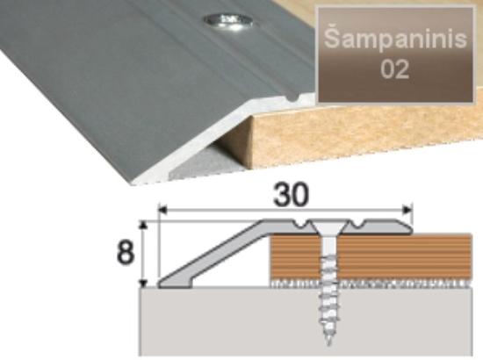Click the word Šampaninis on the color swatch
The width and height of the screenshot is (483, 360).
pyautogui.click(x=395, y=40)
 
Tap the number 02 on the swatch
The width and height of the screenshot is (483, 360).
pyautogui.click(x=394, y=69)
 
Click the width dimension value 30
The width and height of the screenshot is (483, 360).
pyautogui.click(x=291, y=195)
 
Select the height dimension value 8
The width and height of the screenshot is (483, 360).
pyautogui.click(x=126, y=252)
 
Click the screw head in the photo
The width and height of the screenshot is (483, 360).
pyautogui.click(x=228, y=22)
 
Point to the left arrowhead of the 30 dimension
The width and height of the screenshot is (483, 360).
pyautogui.click(x=162, y=211)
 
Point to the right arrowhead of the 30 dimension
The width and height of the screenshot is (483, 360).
pyautogui.click(x=407, y=211)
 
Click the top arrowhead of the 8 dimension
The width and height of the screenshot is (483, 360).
pyautogui.click(x=143, y=226)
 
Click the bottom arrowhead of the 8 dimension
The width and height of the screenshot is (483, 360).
pyautogui.click(x=143, y=283)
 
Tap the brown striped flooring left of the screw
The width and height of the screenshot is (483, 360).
pyautogui.click(x=295, y=258)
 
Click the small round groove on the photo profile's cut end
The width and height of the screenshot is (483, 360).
pyautogui.click(x=292, y=98)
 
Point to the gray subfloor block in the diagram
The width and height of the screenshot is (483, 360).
pyautogui.click(x=306, y=321)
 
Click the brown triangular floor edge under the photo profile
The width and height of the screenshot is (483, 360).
pyautogui.click(x=238, y=139)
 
